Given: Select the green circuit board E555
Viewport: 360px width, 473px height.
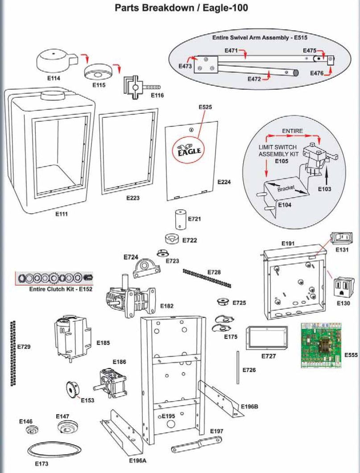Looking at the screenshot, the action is [x=321, y=345].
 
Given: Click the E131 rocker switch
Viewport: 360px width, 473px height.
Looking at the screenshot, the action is [x=342, y=238].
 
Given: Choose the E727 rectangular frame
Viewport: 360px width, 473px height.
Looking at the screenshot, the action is [x=266, y=337].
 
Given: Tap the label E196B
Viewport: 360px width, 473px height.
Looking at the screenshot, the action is [x=249, y=407].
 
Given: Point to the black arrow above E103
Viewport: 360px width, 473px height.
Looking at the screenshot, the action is [x=327, y=174].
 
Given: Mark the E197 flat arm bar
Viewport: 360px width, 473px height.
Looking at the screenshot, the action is [x=196, y=444].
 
